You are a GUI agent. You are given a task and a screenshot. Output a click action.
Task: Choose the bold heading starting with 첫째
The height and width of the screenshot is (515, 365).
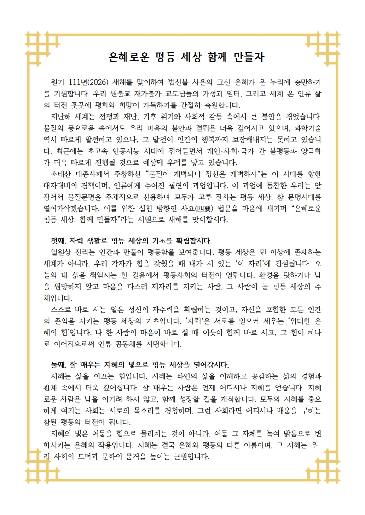click(132, 240)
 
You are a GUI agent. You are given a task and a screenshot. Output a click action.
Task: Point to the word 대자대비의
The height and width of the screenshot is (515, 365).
click(64, 185)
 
